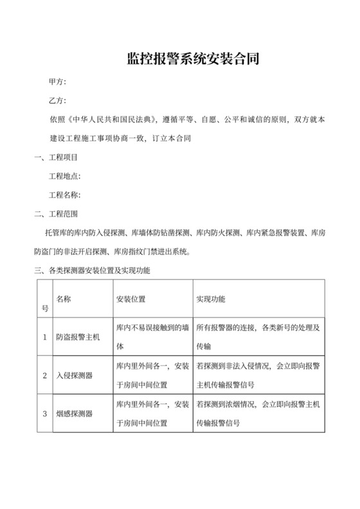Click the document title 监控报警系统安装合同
pos(193,60)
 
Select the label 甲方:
pos(57,82)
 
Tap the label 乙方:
pos(57,101)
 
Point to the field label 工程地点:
pos(65,175)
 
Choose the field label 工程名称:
pos(65,194)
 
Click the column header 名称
pos(64,299)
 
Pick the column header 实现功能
pos(211,299)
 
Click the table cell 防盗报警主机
pos(80,337)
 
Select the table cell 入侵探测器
pos(75,375)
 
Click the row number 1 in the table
pos(44,337)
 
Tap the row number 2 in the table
pos(44,375)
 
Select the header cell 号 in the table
pos(44,308)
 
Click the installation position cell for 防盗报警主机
pos(152,337)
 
